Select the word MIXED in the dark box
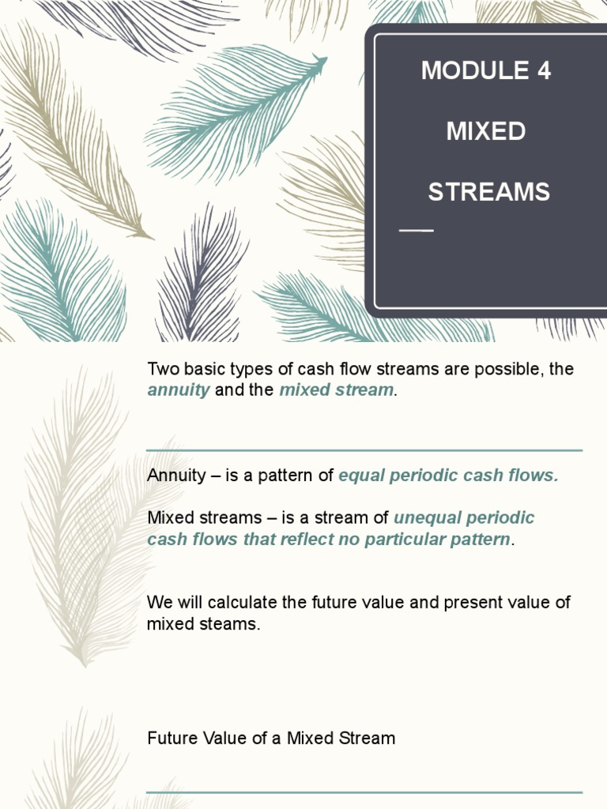pyautogui.click(x=486, y=131)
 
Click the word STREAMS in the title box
pyautogui.click(x=488, y=192)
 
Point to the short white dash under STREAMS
pyautogui.click(x=417, y=231)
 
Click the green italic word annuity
pyautogui.click(x=179, y=390)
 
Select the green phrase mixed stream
pyautogui.click(x=336, y=390)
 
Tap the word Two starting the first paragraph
pyautogui.click(x=162, y=369)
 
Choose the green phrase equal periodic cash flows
pyautogui.click(x=448, y=476)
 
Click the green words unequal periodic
pyautogui.click(x=464, y=518)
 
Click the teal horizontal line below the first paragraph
pyautogui.click(x=364, y=450)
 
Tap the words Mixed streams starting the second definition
pyautogui.click(x=193, y=518)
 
